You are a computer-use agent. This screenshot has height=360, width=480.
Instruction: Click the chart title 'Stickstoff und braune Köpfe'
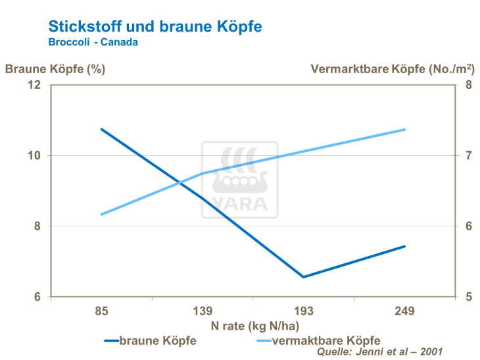pos(155,26)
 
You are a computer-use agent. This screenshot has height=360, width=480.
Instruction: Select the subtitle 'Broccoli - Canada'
pos(93,42)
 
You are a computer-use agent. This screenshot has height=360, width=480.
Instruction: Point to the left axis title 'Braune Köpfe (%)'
pos(55,68)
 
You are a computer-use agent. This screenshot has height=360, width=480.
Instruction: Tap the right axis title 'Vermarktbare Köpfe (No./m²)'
pos(393,68)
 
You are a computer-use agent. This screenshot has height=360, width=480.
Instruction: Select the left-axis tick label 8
pos(37,226)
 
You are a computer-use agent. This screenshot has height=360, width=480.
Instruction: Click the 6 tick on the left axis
pos(37,297)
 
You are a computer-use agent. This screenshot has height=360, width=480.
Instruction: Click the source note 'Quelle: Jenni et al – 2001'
pos(380,352)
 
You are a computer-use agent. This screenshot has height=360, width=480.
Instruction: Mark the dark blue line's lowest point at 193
pos(303,277)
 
